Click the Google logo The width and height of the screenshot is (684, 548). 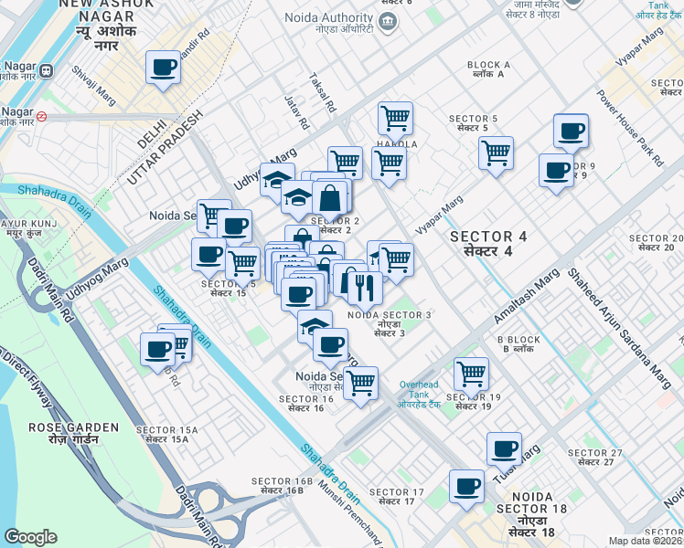30,537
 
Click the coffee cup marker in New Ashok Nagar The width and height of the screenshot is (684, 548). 164,67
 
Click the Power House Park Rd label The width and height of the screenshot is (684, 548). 630,128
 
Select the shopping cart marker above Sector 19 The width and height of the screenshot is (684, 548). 471,372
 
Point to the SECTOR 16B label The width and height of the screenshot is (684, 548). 283,486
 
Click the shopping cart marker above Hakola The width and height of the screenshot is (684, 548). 395,116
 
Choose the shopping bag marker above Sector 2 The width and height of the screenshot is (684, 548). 329,195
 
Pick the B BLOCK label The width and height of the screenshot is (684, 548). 519,344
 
